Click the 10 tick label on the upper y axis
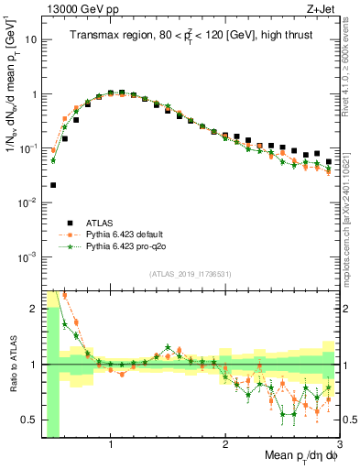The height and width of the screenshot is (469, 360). (x=31, y=40)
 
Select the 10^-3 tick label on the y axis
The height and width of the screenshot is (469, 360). (x=27, y=256)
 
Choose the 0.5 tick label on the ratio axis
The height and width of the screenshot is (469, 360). (x=27, y=419)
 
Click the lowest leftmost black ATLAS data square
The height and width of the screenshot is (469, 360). (x=53, y=184)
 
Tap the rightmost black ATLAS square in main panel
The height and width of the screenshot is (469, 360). (x=329, y=161)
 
